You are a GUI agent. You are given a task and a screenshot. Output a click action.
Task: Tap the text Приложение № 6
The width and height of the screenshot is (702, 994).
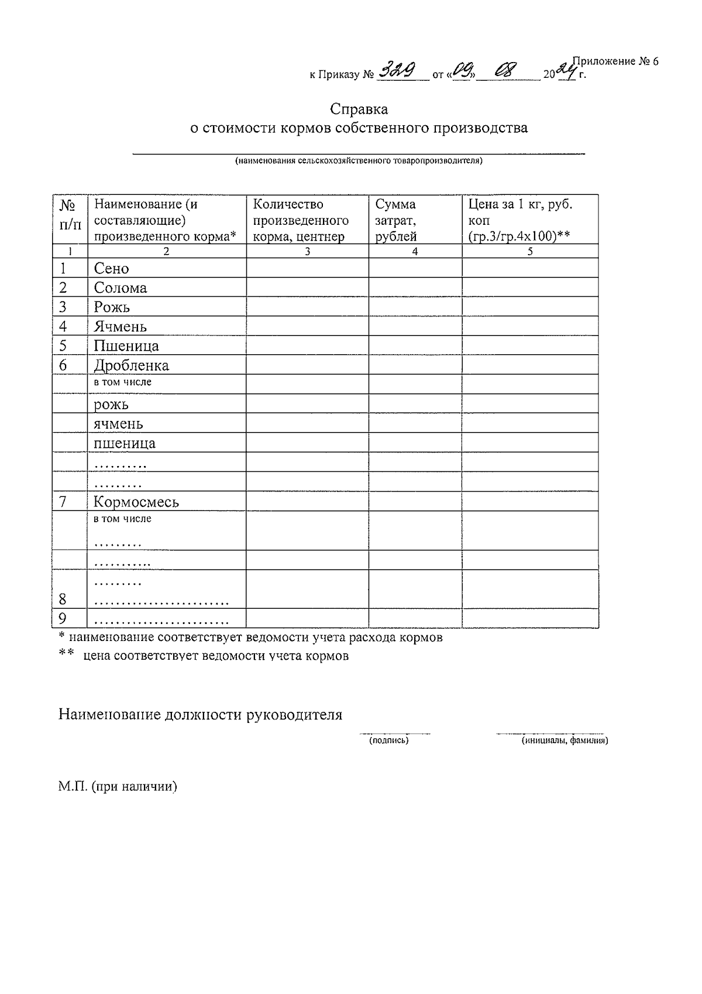[615, 61]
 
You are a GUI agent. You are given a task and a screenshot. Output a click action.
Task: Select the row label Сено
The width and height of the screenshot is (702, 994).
[111, 269]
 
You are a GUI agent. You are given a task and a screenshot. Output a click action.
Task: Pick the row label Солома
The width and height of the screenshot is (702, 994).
[121, 288]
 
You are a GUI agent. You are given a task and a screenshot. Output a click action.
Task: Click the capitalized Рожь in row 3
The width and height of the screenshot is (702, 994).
[112, 307]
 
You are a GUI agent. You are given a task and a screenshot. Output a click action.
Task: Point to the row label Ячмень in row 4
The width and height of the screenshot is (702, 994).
[121, 327]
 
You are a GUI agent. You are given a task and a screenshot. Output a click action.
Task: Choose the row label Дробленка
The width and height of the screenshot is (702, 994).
[132, 366]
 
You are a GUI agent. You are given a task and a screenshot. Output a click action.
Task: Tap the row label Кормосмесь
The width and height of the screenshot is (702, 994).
[136, 502]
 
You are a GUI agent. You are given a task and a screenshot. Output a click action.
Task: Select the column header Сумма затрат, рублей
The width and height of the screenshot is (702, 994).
[396, 220]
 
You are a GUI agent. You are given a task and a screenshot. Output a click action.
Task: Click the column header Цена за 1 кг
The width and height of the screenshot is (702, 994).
[519, 220]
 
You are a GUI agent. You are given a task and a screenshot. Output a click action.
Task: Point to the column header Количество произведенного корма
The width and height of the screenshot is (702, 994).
[300, 220]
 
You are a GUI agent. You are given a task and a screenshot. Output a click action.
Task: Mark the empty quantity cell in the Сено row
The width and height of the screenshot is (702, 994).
[307, 269]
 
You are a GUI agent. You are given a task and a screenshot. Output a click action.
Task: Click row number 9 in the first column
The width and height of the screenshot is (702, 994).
[63, 619]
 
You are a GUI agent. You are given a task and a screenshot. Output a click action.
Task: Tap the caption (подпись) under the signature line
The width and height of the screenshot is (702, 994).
[388, 741]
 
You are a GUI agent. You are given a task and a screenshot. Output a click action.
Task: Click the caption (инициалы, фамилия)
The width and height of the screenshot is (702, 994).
[565, 741]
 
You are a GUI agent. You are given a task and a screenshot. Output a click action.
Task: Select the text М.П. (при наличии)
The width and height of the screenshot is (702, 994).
[118, 787]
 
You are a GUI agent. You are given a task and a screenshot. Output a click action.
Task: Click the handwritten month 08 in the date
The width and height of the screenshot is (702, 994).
[505, 71]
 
